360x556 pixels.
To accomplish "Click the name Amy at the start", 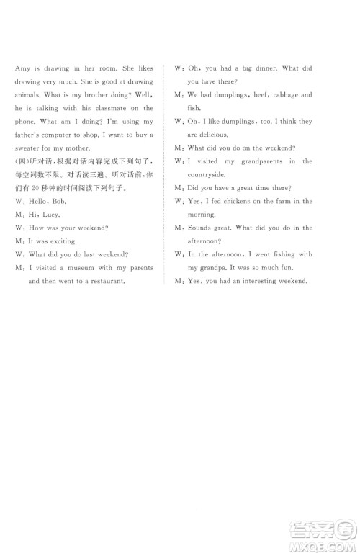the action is click(x=22, y=68).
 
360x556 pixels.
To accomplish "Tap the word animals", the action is click(x=29, y=95).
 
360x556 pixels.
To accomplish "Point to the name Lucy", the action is click(x=52, y=215).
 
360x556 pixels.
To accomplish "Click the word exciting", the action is click(x=61, y=241).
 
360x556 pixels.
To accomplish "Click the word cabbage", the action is click(x=278, y=95).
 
